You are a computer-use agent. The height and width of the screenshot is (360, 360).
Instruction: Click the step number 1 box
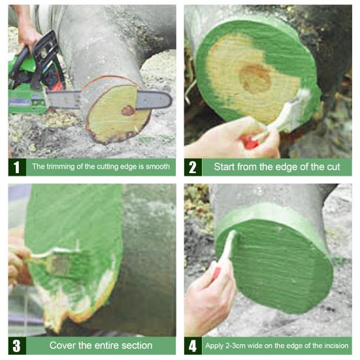[17, 167]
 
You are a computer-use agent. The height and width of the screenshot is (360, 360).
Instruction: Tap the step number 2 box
[193, 167]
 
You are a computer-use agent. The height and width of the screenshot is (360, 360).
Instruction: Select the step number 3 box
[17, 346]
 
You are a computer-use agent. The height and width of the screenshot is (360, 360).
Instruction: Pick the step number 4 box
[193, 346]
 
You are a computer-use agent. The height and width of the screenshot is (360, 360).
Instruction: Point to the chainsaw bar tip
[172, 100]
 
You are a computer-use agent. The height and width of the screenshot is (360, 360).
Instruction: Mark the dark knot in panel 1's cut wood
[128, 110]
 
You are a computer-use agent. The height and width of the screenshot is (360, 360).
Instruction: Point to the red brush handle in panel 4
[216, 274]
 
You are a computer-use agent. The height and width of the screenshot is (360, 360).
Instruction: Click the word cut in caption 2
[333, 167]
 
